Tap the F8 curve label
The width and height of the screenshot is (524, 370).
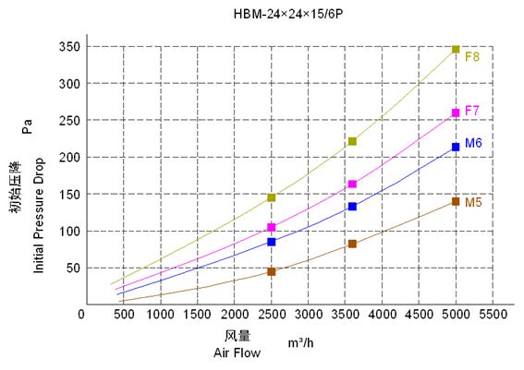point(471,56)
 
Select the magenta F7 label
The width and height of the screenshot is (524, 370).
point(471,111)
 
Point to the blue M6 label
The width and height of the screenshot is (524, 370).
point(473,143)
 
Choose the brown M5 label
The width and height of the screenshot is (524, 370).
point(473,202)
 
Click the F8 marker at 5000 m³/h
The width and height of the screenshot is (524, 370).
point(456,49)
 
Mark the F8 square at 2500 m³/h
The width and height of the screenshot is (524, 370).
point(271,197)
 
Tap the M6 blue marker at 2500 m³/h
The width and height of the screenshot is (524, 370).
point(271,242)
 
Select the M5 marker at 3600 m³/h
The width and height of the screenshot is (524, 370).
point(352,244)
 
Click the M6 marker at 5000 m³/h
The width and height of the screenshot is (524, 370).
point(456,147)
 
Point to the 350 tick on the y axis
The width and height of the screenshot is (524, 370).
point(67,47)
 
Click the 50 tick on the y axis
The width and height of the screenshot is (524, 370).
point(70,269)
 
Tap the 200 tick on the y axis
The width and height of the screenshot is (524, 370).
point(67,158)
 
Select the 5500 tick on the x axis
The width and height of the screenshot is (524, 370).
point(493,315)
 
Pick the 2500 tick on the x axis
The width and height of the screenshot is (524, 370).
point(271,315)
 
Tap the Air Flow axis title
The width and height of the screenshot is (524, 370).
point(237,352)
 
